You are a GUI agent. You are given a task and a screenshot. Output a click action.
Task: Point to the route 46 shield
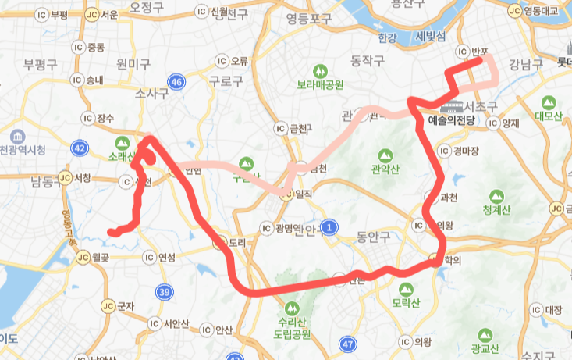[x=177, y=81]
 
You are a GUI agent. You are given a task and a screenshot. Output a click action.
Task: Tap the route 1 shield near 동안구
[x=330, y=227]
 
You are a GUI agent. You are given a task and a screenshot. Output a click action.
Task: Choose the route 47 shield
[x=348, y=343]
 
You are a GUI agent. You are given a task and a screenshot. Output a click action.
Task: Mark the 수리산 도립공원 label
[x=290, y=329]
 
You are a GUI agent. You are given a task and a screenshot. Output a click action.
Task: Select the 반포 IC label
[x=478, y=52]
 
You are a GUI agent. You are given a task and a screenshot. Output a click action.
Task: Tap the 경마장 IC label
[x=460, y=152]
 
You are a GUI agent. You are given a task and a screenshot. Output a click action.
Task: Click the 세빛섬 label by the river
[x=431, y=37]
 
